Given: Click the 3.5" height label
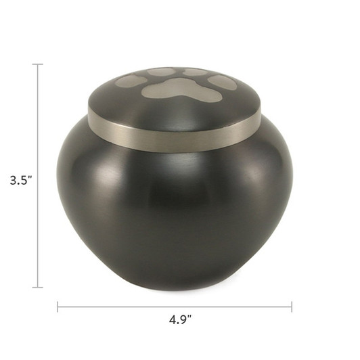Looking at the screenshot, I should pos(21,181).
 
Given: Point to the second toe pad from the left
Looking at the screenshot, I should pos(160,72).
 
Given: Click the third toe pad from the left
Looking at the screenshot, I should pos(195,72).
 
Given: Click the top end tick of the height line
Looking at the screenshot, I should pos(38,64).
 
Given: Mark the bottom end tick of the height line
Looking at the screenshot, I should pos(38,287).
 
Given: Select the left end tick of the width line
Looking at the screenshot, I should pos(58,307).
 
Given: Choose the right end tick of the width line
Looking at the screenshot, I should pos(292,307).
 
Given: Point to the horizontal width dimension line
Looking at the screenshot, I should pos(175,307).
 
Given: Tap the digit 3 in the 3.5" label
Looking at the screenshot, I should pos(13,181).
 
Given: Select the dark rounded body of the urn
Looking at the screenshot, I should pos(175,210).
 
